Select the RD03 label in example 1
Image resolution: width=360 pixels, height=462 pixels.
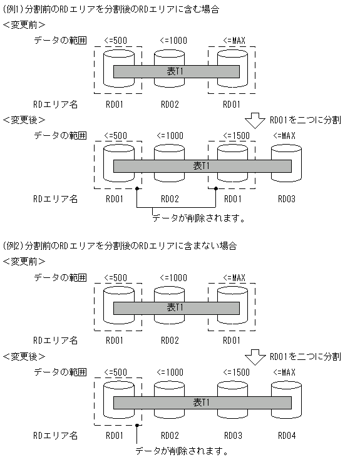click(x=286, y=199)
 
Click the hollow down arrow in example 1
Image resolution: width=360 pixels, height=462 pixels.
click(x=255, y=120)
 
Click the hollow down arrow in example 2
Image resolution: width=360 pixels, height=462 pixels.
click(x=255, y=356)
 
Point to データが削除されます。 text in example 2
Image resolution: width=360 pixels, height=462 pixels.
click(x=182, y=451)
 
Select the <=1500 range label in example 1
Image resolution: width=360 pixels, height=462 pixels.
click(x=233, y=136)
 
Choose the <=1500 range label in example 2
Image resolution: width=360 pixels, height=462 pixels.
click(x=233, y=372)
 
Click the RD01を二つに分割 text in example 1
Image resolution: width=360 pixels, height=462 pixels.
click(x=305, y=120)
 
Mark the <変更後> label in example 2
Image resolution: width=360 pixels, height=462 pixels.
click(x=24, y=356)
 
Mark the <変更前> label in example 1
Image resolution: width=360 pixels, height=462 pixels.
click(x=24, y=25)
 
